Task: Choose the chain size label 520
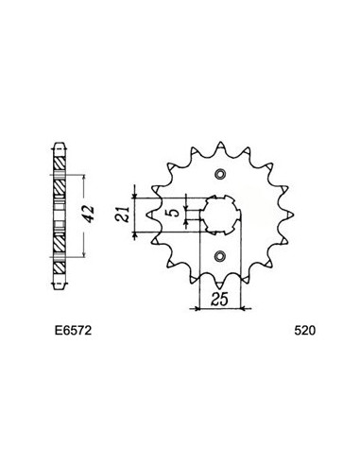[305, 334]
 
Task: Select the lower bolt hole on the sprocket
[221, 255]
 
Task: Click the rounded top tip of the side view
[61, 147]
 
